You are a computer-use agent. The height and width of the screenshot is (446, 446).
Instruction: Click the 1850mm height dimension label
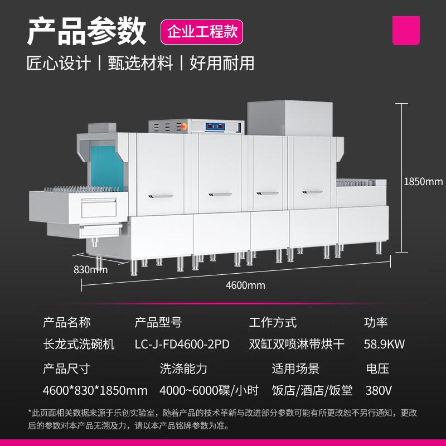[x=423, y=182]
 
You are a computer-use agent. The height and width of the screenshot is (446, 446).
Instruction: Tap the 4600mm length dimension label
[x=245, y=285]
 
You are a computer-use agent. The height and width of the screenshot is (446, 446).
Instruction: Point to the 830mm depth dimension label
[x=90, y=269]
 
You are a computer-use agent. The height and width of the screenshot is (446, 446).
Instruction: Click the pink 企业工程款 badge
[x=202, y=32]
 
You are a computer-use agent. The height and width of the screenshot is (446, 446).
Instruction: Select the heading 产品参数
[x=86, y=31]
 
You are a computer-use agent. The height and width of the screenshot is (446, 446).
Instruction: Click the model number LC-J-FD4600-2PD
[x=182, y=344]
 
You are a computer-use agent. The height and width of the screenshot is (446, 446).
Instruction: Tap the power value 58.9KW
[x=384, y=344]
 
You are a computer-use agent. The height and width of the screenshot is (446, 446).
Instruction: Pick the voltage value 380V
[x=379, y=390]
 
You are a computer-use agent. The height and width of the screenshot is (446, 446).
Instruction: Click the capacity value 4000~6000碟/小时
[x=209, y=390]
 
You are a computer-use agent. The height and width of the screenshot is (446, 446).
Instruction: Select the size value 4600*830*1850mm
[x=95, y=390]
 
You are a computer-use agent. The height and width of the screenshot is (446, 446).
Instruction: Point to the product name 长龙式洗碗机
[x=79, y=344]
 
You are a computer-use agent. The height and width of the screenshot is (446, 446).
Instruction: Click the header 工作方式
[x=273, y=323]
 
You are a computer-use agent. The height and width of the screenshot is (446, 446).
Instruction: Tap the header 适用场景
[x=295, y=369]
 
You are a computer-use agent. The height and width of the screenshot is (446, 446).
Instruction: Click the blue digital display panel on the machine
[x=215, y=127]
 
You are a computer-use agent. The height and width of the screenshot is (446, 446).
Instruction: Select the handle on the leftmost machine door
[x=161, y=196]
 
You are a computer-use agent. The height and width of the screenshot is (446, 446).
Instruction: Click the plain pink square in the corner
[x=406, y=31]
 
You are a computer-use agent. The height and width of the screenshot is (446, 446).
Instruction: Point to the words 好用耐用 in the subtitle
[x=222, y=63]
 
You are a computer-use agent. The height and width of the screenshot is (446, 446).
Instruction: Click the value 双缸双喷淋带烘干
[x=297, y=344]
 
